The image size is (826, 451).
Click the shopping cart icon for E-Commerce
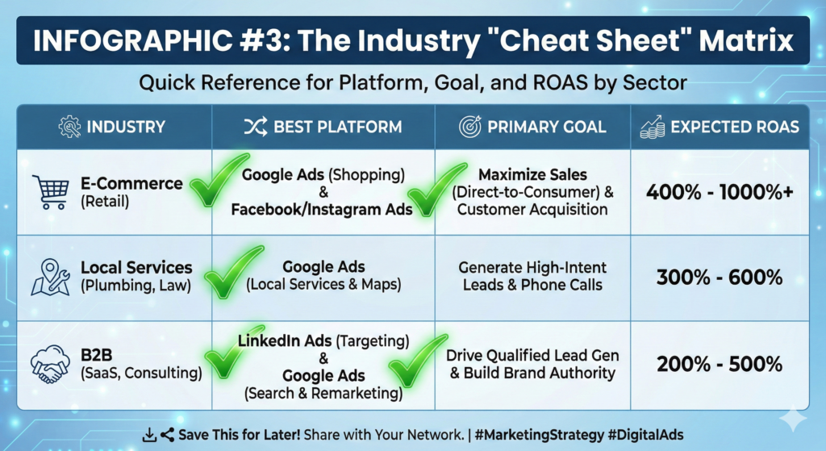tap(51, 191)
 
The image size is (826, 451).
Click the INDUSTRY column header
tap(126, 127)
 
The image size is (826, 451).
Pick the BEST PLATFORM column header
tap(336, 127)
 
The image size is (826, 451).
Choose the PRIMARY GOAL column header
tap(548, 127)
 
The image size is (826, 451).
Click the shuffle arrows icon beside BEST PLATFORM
tap(253, 127)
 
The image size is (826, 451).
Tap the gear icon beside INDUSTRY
tap(69, 127)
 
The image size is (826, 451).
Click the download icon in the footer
tap(148, 436)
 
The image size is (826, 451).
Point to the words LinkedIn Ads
tap(279, 340)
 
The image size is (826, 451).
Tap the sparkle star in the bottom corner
tap(793, 418)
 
